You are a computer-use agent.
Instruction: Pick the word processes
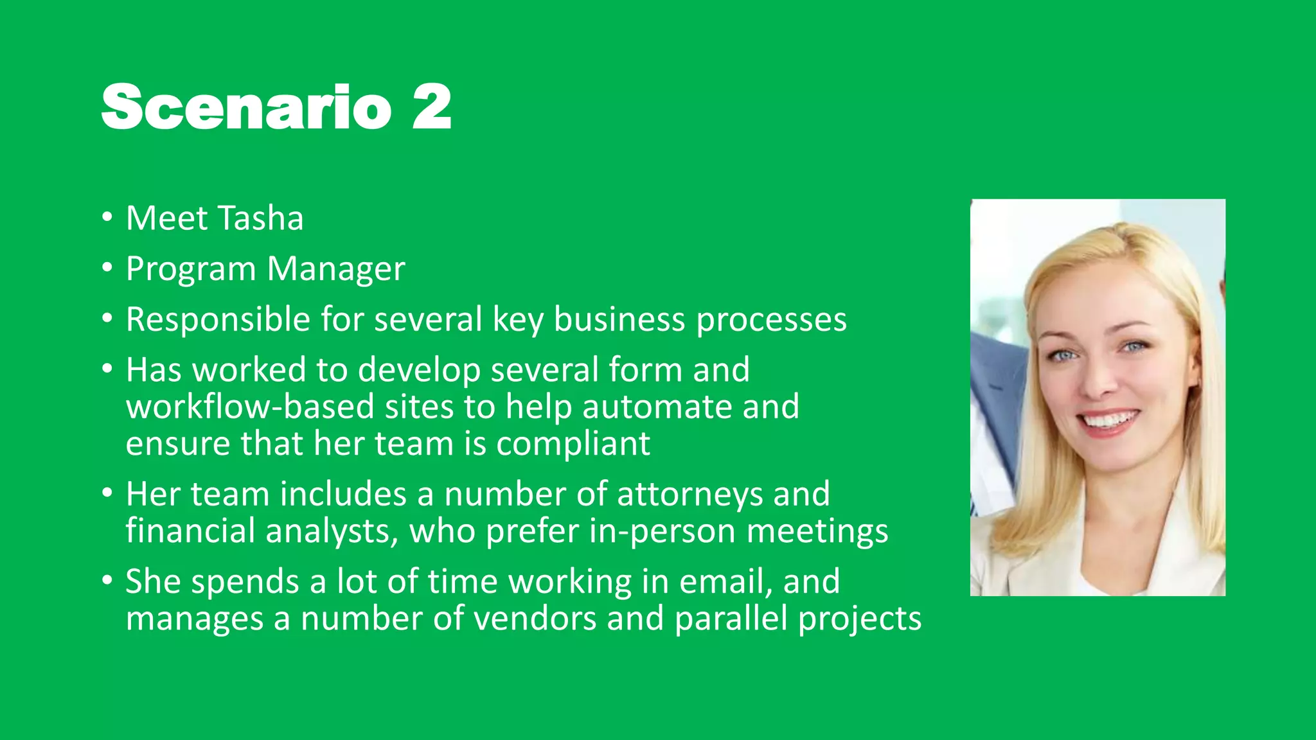tap(771, 321)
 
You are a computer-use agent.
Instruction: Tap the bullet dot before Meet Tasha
tap(107, 216)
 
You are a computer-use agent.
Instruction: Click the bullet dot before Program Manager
tap(107, 267)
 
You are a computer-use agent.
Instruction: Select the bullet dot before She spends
tap(107, 580)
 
